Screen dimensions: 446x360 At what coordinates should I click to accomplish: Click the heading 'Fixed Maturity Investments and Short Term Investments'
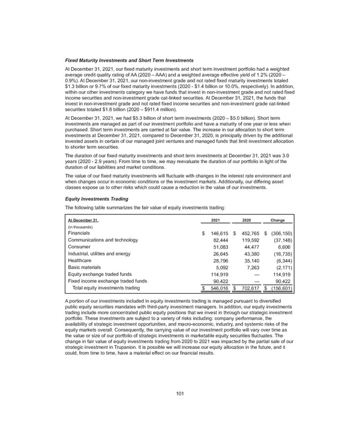coord(128,61)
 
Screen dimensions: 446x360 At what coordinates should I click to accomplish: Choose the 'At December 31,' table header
coord(87,220)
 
